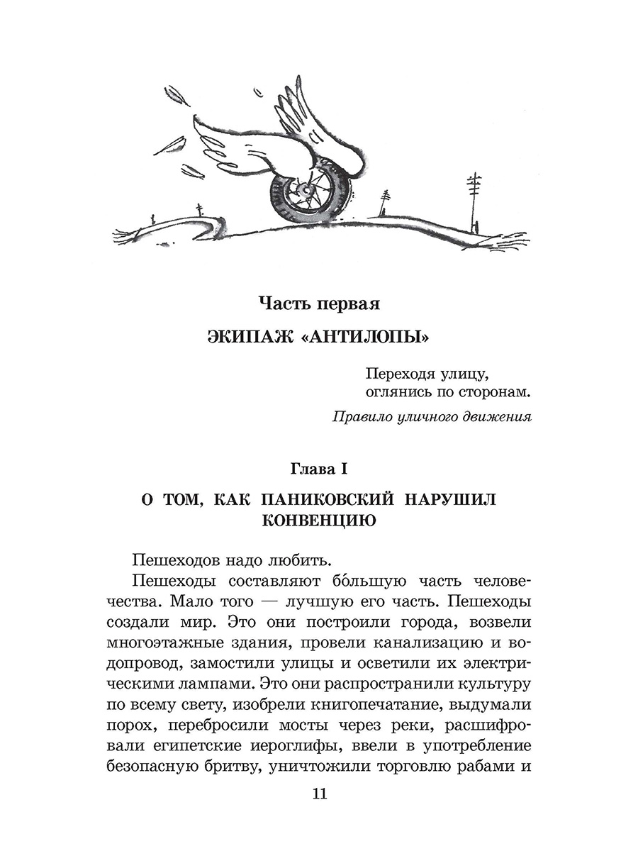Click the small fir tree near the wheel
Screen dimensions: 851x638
coord(384,201)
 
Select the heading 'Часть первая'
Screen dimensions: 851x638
coord(319,304)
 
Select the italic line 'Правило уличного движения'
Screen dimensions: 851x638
coord(432,417)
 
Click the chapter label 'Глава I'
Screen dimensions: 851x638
coord(319,468)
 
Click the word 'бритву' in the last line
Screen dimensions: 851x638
coord(246,767)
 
